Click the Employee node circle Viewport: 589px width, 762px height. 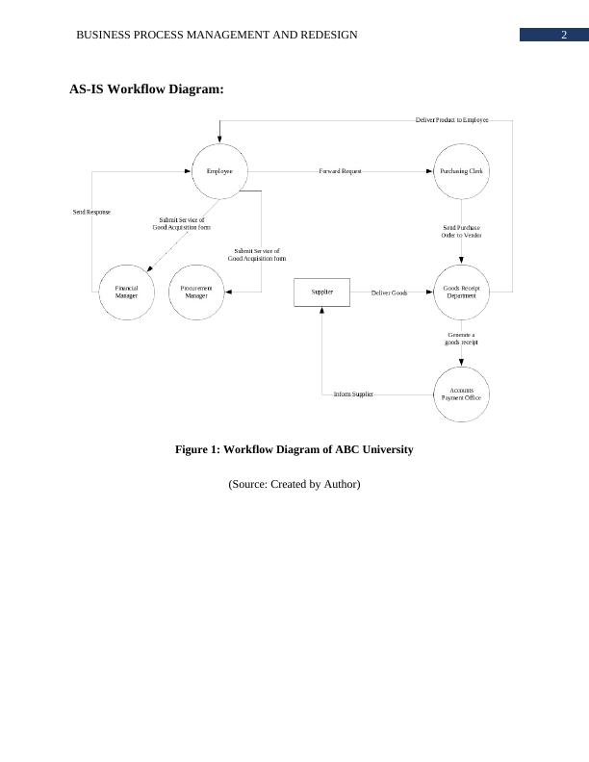[x=219, y=171]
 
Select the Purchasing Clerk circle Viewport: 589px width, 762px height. [x=462, y=171]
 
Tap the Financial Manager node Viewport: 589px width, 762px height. [x=127, y=292]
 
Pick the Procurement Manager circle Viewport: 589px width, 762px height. [x=196, y=292]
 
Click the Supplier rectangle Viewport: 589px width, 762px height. [x=321, y=292]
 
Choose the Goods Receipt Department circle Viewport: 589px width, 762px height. [x=462, y=292]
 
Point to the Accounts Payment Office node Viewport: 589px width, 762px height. [x=462, y=394]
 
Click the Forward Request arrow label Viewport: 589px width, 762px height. [x=340, y=171]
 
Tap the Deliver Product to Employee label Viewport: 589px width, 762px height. [x=451, y=120]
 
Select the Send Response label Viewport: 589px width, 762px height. [x=91, y=212]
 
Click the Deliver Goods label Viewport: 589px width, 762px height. [x=389, y=292]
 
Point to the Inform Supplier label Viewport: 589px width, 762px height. [x=353, y=394]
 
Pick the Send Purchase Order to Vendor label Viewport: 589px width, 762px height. [x=462, y=231]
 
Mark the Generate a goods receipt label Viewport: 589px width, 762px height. [x=462, y=339]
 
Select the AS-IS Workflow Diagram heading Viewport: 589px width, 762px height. [x=146, y=89]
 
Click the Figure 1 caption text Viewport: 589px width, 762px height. [x=294, y=449]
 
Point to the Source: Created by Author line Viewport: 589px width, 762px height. [x=294, y=484]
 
